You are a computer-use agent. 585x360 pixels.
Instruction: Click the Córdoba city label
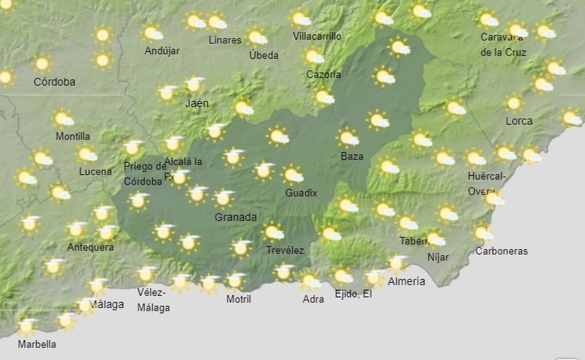[x=54, y=82]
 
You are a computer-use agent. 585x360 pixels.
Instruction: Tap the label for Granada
[x=235, y=217]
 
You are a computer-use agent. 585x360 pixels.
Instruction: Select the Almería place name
[x=406, y=281]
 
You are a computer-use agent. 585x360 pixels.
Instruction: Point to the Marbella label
[x=37, y=344]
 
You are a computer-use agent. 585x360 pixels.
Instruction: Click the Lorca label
[x=519, y=121]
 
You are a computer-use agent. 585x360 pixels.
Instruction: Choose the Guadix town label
[x=301, y=193]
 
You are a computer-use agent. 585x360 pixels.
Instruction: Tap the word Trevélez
[x=285, y=250]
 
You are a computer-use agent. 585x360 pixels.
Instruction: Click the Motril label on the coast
[x=238, y=299]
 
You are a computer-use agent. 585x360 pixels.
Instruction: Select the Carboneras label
[x=501, y=251]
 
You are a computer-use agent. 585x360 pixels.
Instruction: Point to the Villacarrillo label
[x=317, y=36]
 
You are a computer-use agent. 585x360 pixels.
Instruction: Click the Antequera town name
[x=90, y=247]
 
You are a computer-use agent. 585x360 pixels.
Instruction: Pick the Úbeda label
[x=264, y=55]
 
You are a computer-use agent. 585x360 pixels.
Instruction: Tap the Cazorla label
[x=323, y=75]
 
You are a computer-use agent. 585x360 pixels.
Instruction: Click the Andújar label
[x=162, y=50]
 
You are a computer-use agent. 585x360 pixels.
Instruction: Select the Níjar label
[x=438, y=257]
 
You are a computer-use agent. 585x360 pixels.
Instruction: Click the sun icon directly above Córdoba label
[x=42, y=64]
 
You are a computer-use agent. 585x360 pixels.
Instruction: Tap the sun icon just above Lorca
[x=514, y=103]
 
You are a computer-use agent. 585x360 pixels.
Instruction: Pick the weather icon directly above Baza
[x=347, y=138]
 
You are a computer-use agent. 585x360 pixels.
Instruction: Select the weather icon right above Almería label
[x=397, y=262]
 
